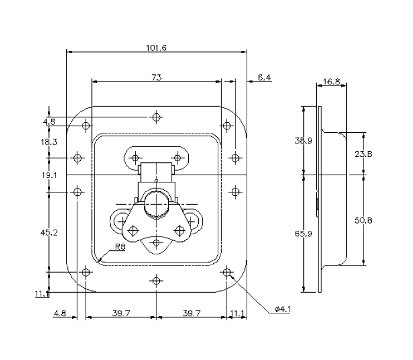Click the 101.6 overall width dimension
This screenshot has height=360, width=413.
[156, 48]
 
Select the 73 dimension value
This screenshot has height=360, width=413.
[156, 77]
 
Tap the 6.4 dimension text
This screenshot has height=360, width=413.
[264, 77]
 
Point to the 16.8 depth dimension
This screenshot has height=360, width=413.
[332, 81]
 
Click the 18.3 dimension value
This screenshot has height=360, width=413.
[50, 142]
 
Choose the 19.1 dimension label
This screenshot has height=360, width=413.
[50, 175]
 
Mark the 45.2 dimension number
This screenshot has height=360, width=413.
[50, 233]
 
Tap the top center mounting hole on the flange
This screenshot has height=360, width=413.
[156, 117]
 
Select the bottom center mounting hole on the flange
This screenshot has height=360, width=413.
[156, 281]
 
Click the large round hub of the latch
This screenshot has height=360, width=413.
[156, 203]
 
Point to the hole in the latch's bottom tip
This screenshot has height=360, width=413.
[156, 242]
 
